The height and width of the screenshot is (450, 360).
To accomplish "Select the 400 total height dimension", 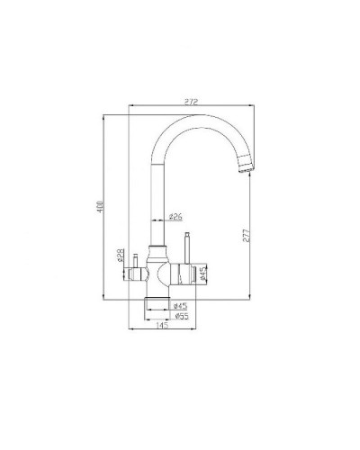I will [102, 205].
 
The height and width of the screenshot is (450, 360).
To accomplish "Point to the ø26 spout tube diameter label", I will [177, 216].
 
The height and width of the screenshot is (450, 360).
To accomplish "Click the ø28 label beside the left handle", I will [120, 256].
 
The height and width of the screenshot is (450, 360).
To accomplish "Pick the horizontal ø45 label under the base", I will [179, 306].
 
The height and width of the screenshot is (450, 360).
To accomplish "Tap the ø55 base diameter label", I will [179, 316].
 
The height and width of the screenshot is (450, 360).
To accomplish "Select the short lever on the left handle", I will [135, 261].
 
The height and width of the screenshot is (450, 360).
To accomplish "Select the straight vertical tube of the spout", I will [160, 198].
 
